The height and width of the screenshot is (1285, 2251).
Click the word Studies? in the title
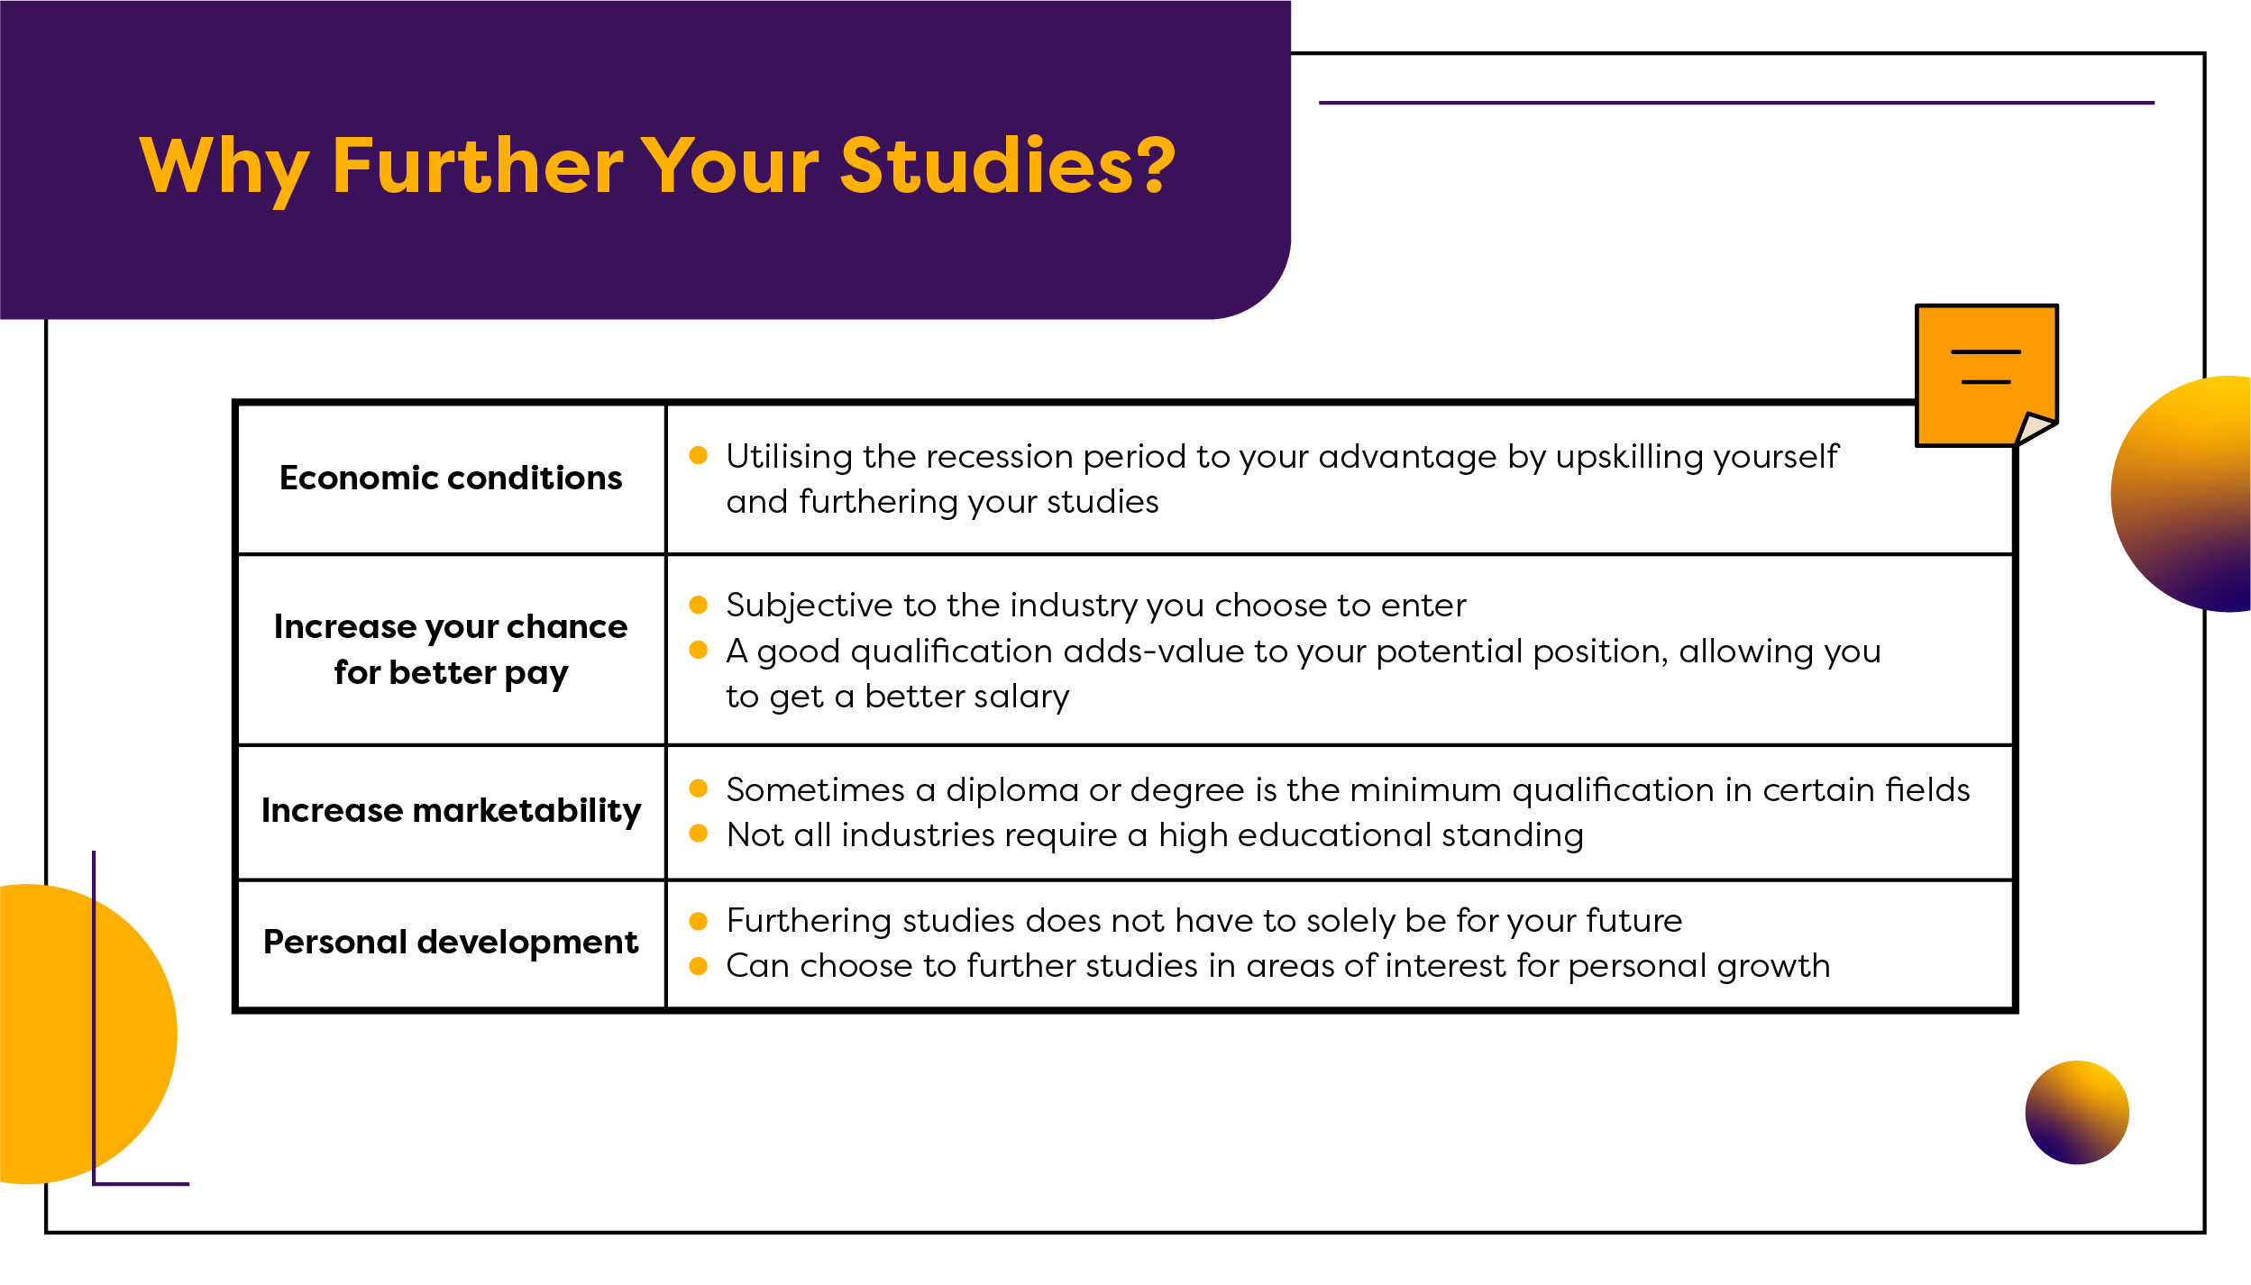click(1008, 166)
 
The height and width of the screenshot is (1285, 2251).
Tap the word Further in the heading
click(478, 166)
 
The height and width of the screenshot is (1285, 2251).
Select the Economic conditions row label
click(451, 478)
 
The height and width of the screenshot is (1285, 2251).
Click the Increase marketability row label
click(451, 811)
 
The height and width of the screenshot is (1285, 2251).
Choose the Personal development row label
click(451, 943)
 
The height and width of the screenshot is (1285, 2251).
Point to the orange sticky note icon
click(1986, 375)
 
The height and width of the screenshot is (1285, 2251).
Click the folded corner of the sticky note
click(2035, 428)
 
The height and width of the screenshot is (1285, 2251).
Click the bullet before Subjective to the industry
click(698, 605)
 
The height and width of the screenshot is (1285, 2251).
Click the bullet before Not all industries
click(698, 834)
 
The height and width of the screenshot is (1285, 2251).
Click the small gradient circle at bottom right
click(2077, 1113)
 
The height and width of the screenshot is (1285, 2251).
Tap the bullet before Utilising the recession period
click(698, 456)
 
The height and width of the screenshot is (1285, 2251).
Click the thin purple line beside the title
click(1736, 103)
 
